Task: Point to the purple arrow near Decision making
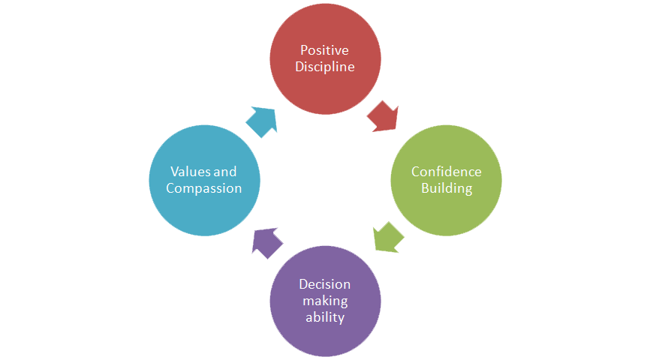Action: [267, 242]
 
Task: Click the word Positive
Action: [325, 50]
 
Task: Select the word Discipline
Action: [325, 67]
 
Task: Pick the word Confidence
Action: [447, 172]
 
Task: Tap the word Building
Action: [447, 188]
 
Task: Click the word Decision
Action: [325, 284]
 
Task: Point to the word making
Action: [325, 301]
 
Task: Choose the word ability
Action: [325, 317]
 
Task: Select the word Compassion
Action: [204, 188]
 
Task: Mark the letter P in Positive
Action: [304, 50]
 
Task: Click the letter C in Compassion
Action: [170, 188]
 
